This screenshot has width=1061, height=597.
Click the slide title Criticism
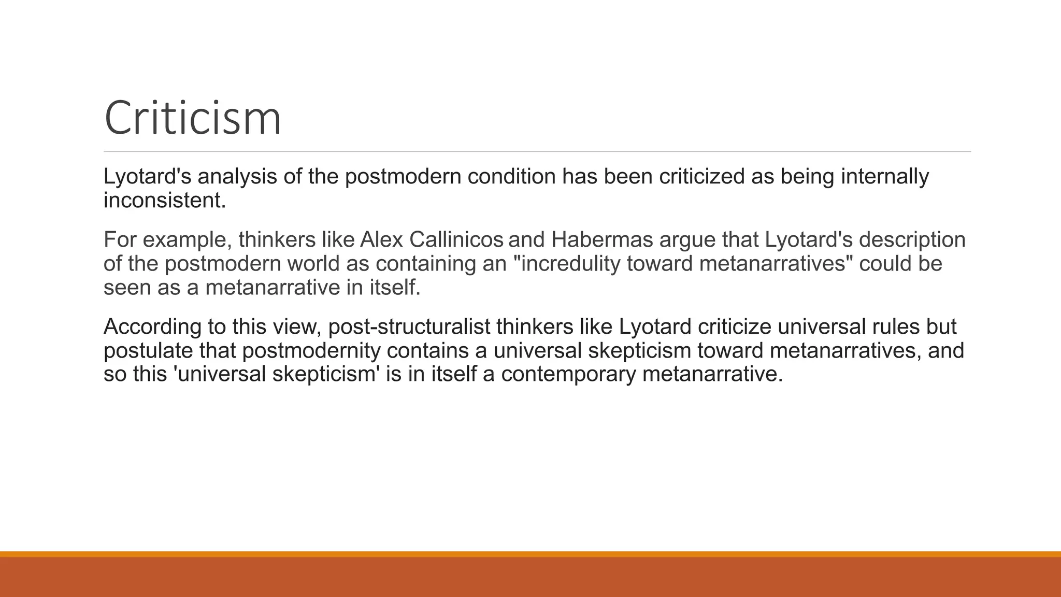[x=193, y=118]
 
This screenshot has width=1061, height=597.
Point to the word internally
[x=885, y=177]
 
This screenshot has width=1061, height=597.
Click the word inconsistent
[x=165, y=201]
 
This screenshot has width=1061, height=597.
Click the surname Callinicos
[x=456, y=240]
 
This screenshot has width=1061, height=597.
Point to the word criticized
[x=702, y=177]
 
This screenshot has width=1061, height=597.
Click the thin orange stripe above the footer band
[x=530, y=554]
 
